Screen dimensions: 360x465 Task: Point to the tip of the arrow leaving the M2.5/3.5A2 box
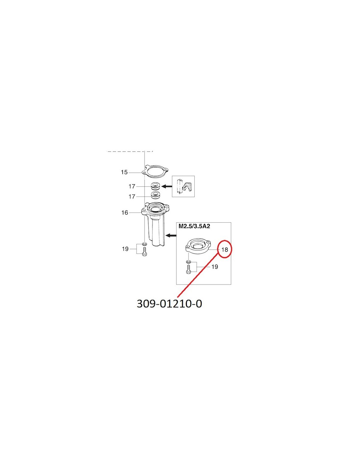166,235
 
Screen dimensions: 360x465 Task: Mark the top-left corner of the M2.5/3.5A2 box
176,222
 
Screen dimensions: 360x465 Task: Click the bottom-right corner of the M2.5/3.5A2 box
231,284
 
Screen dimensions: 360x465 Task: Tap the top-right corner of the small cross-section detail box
195,176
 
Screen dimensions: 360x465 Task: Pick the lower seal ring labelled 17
155,195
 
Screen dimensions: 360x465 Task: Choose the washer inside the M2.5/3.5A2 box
188,262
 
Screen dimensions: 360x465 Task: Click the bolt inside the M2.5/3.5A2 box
188,269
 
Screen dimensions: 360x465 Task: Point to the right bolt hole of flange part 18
207,242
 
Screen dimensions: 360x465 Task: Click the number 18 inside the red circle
225,249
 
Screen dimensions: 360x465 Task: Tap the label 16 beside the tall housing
125,213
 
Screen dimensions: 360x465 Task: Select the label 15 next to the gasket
124,172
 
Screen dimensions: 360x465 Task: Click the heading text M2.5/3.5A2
194,226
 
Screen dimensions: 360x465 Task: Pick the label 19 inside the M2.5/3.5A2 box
215,267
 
